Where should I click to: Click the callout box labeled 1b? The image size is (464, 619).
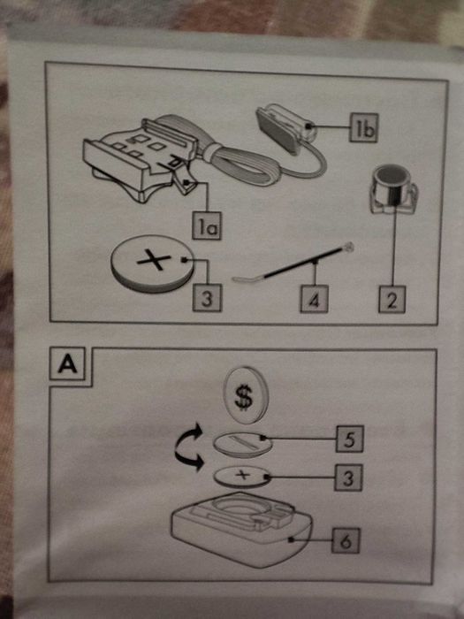[x=363, y=127]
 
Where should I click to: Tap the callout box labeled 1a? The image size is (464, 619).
[x=207, y=225]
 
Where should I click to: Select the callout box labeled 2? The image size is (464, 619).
[x=392, y=299]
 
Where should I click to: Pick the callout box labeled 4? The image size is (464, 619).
[x=314, y=299]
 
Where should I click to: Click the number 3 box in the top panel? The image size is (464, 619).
[x=207, y=298]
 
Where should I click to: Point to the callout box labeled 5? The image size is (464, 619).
[x=350, y=439]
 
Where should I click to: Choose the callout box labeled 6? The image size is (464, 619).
[x=346, y=540]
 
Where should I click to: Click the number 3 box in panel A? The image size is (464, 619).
[x=348, y=478]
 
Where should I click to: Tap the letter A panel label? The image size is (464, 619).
[x=67, y=364]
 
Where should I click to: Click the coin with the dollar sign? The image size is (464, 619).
[x=245, y=395]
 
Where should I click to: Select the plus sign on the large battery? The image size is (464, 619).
[x=154, y=260]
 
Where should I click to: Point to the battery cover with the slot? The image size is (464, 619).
[x=243, y=445]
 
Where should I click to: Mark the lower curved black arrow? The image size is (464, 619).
[x=190, y=461]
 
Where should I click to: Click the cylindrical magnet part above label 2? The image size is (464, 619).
[x=392, y=189]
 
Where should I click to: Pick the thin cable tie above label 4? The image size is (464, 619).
[x=293, y=263]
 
